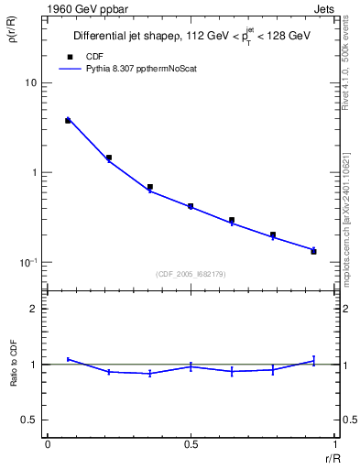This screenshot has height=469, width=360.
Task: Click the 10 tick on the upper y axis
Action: [x=31, y=82]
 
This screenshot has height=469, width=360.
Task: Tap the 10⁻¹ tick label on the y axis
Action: [x=28, y=262]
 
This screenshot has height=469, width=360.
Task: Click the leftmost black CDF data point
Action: [x=68, y=120]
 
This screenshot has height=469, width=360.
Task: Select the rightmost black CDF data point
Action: [x=313, y=251]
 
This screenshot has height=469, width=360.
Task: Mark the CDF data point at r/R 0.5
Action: [x=191, y=206]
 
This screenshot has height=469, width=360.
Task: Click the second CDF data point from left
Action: [x=109, y=158]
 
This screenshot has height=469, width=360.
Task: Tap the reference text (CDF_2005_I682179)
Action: [x=191, y=272]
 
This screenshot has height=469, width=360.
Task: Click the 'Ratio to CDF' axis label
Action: [x=14, y=364]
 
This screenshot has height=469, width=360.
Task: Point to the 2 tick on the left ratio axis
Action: [x=34, y=309]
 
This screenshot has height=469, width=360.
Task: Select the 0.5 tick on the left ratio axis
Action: [x=29, y=420]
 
